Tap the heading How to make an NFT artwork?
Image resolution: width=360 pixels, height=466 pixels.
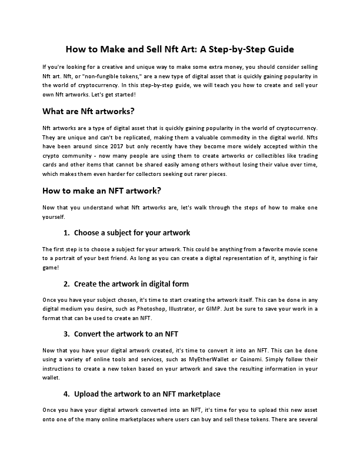click(102, 190)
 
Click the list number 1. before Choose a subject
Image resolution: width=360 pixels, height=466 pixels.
click(66, 232)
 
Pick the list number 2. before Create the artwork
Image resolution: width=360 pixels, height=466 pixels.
click(66, 284)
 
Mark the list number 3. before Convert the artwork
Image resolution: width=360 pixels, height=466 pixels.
click(66, 334)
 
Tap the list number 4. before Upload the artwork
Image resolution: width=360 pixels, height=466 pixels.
click(66, 393)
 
